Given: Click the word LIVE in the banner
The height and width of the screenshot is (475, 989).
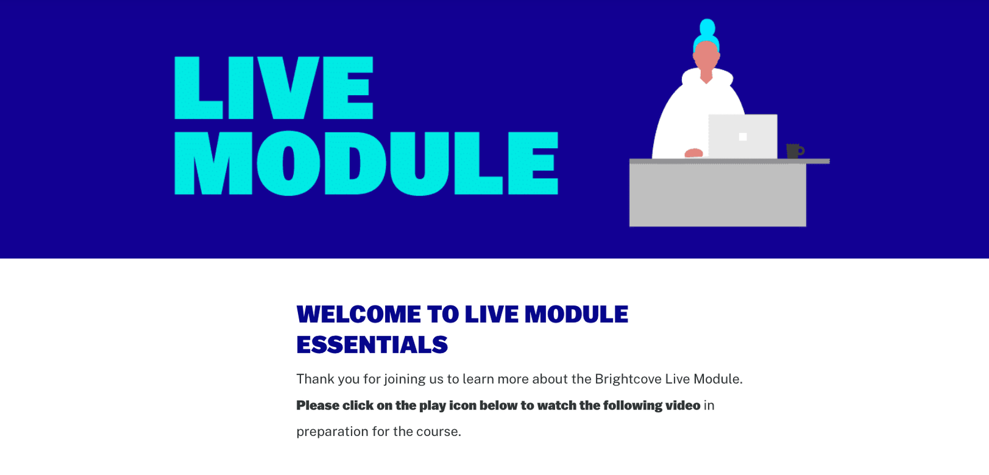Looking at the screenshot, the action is point(274,87).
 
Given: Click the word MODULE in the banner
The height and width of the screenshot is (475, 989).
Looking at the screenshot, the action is point(367,163).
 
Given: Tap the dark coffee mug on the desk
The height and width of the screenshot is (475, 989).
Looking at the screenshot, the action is point(795,151).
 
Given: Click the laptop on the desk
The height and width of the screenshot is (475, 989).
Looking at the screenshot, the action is point(742,136).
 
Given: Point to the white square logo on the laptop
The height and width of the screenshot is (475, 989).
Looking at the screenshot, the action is point(742,137).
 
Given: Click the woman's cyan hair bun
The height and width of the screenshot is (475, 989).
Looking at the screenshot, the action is point(707,27).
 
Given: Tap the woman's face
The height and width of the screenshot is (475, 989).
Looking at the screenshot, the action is point(707,58).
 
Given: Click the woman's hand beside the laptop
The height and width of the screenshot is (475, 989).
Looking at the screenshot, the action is point(694,153).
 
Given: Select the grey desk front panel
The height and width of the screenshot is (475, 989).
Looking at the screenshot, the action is point(718,195).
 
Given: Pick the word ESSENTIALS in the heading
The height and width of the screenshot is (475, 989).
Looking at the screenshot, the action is point(372,344).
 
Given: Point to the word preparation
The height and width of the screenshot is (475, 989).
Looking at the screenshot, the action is point(332,432).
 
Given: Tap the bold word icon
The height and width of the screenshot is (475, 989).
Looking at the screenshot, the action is point(462,405).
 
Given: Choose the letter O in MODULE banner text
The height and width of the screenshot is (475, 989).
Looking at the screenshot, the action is point(289,163).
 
